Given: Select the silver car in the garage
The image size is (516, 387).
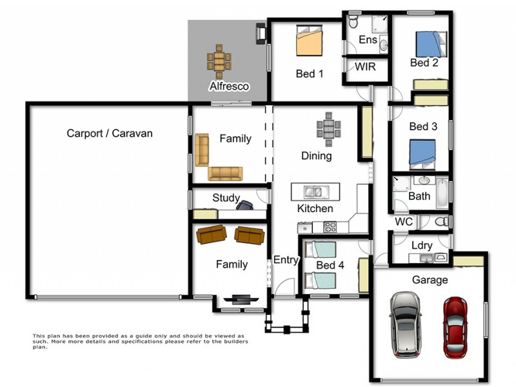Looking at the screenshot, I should click(x=405, y=324).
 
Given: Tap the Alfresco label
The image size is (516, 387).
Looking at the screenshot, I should click(x=228, y=86).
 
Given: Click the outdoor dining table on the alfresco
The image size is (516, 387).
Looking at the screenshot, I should click(x=219, y=61).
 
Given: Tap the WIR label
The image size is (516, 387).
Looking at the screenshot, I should click(x=365, y=67).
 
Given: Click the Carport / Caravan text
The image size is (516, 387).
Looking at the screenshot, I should click(x=110, y=134).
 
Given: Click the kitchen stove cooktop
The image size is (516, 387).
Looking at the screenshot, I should click(x=330, y=226).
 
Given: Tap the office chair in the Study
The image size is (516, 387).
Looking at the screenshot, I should click(x=246, y=204).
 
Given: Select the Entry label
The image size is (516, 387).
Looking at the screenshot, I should click(x=286, y=260).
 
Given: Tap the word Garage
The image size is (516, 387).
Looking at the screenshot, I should click(x=430, y=280).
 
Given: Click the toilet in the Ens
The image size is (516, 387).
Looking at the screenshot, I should click(x=353, y=22).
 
